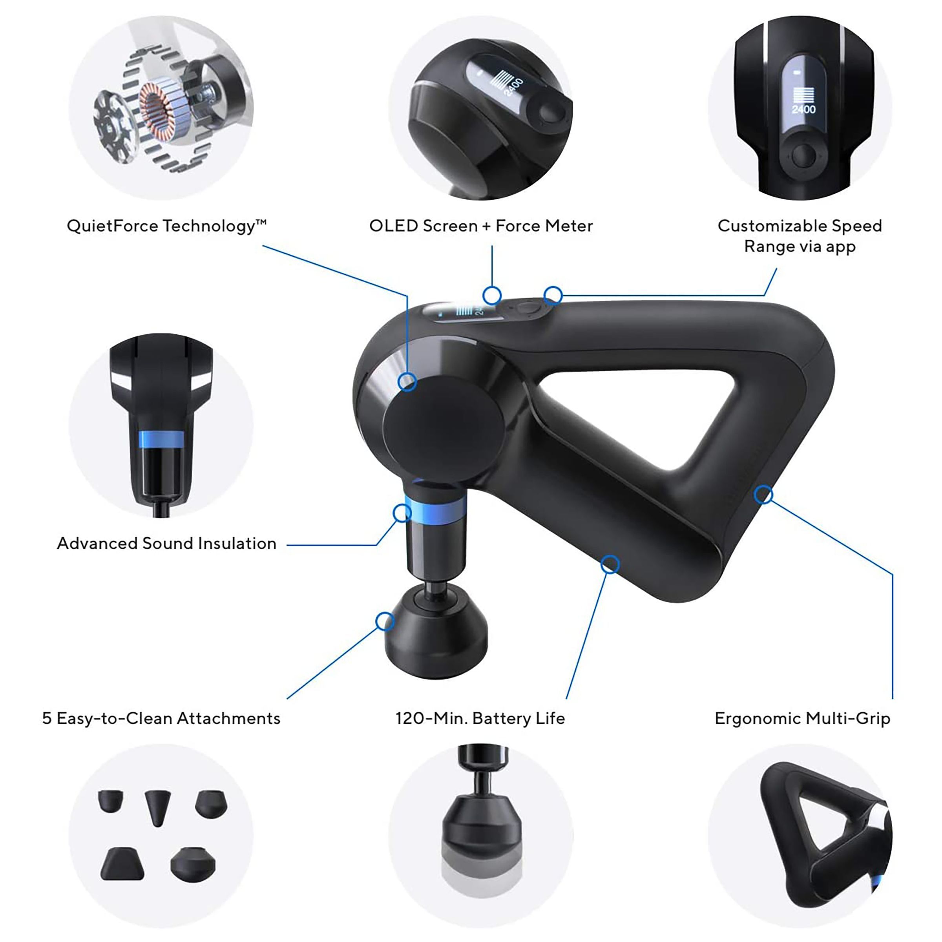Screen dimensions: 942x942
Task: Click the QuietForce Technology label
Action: coord(166,226)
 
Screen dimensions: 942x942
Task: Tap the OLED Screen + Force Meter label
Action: coord(481,226)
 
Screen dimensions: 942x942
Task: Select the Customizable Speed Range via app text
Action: coord(800,236)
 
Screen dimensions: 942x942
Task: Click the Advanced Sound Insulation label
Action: coord(167,544)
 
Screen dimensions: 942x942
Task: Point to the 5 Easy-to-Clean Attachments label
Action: coord(161,719)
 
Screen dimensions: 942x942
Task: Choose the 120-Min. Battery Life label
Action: coord(480,719)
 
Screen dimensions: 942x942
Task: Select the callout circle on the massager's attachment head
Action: coord(385,622)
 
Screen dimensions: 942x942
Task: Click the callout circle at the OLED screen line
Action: coord(492,295)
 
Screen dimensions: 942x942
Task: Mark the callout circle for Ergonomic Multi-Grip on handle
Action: coord(763,495)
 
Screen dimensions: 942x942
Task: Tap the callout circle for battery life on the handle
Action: coord(610,565)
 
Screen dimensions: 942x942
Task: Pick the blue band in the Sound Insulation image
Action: coord(161,439)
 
